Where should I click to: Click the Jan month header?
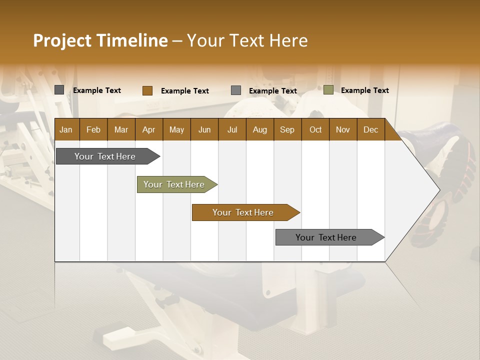coord(66,130)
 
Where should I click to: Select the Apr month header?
coord(148,130)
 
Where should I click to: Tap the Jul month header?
coord(232,130)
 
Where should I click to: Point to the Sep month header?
coord(287,130)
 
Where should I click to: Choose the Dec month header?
coord(370,130)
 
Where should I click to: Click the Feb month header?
coord(93,130)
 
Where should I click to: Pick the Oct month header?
coord(315,130)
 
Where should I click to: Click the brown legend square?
coord(147,90)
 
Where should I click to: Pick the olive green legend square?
coord(328,90)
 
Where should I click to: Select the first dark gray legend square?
coord(59,90)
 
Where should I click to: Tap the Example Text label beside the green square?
coord(364,90)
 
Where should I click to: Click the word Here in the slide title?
coord(288,40)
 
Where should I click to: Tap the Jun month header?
coord(204,130)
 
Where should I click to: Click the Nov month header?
coord(342,130)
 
